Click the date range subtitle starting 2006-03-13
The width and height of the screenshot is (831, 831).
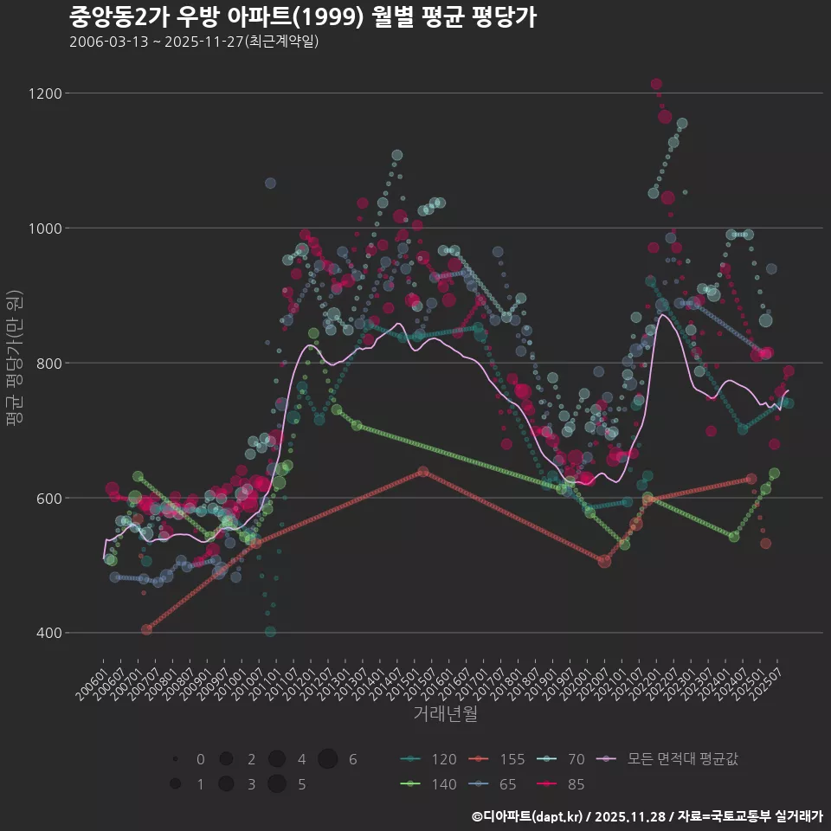[194, 42]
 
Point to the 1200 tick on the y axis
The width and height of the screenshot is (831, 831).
[42, 93]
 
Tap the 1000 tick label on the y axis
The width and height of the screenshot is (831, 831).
[42, 229]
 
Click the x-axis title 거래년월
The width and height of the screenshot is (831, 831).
[445, 714]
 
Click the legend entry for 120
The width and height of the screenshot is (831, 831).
[428, 760]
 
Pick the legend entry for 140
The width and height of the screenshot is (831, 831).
[428, 785]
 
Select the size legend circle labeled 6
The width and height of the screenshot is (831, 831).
[327, 759]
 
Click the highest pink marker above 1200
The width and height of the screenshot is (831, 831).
[656, 84]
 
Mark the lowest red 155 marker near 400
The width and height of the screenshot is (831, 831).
[146, 629]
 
